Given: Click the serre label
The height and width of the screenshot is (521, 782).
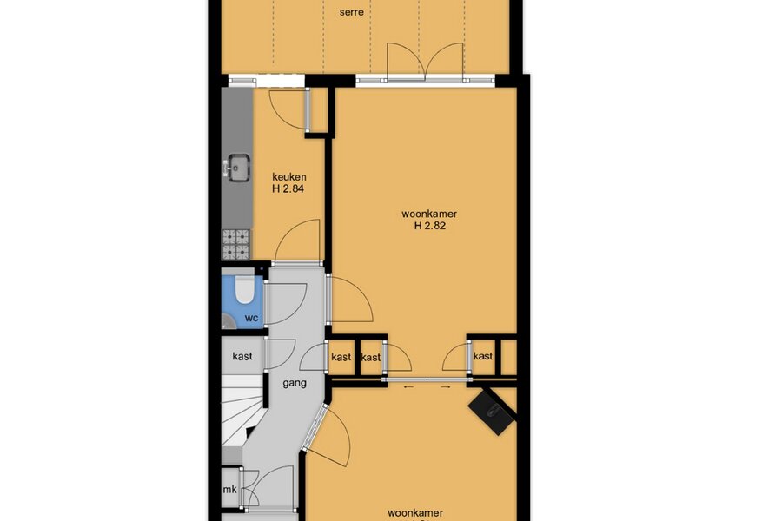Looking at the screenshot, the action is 351,12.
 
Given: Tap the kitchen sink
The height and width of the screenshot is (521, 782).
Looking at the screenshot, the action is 238,167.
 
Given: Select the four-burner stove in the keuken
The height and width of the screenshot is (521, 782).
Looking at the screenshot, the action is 235,244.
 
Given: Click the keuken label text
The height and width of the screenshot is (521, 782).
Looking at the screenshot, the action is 289,177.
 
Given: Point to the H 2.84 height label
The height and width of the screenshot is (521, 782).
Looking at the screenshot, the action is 288,189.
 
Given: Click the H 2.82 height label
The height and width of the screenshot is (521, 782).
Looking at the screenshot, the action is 430,226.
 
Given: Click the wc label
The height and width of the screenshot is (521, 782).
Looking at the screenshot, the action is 251,318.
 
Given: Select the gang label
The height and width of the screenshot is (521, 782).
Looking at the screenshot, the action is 295,384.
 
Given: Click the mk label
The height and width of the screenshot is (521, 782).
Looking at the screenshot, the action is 230,490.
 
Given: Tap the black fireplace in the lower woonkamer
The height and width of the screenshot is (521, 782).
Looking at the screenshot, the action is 493,412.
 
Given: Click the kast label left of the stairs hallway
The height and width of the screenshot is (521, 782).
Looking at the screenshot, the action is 242,357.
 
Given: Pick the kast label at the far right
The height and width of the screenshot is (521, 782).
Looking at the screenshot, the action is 483,356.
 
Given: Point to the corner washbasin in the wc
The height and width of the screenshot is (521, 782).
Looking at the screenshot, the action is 229,321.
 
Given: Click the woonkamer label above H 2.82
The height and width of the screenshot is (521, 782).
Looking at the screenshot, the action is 429,214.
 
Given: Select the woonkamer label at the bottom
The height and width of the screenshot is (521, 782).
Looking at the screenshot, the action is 415,513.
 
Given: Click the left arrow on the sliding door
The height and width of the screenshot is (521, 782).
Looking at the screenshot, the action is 408,386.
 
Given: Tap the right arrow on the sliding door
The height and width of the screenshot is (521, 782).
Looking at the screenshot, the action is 446,386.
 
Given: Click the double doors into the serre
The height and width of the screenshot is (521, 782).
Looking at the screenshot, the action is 426,63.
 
